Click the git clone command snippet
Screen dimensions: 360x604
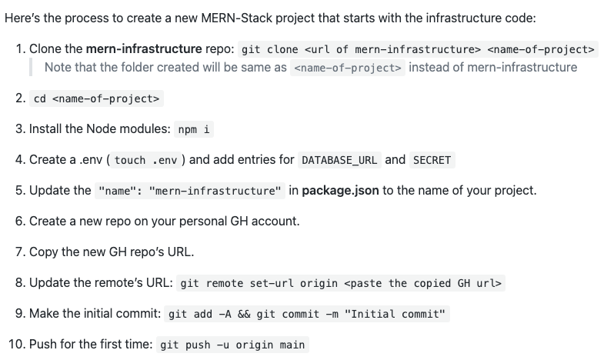tap(418, 50)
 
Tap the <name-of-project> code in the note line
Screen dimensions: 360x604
tap(348, 68)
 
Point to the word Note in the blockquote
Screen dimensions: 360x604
tap(58, 67)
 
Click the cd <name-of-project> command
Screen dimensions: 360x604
tap(96, 99)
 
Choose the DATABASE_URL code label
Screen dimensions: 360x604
tap(339, 160)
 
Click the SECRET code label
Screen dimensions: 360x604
tap(431, 160)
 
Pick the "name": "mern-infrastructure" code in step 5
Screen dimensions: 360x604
tap(190, 191)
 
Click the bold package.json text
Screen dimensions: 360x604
tap(340, 190)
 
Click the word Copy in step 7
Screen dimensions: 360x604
tap(44, 252)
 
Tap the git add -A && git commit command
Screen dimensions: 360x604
tap(308, 314)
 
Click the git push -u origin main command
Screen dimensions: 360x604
tap(232, 345)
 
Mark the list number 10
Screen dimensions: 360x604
tap(15, 344)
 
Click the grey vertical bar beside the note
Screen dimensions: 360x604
tap(31, 67)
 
